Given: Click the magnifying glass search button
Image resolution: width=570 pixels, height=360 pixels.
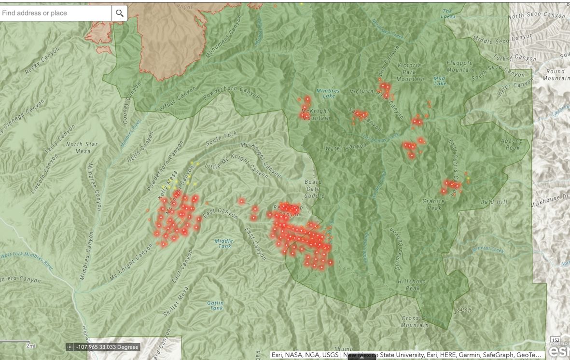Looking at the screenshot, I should tap(119, 13).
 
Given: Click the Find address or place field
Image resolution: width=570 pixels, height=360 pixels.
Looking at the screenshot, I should tap(56, 13).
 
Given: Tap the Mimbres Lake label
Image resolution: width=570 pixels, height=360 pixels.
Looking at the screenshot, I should tap(328, 93).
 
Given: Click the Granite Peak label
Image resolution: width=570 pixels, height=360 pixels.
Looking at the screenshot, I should tap(432, 205).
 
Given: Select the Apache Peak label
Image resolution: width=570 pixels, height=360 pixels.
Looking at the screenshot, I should tap(511, 144).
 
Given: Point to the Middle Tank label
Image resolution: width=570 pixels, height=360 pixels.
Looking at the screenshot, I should tap(223, 243).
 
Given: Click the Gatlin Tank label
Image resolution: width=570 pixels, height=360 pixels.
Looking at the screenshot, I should tap(215, 305).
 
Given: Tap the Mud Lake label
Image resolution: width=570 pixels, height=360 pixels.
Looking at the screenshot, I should tap(440, 81).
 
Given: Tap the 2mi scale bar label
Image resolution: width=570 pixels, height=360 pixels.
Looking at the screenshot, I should tap(31, 346).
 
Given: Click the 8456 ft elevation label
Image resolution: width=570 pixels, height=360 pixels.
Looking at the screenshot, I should tap(464, 309).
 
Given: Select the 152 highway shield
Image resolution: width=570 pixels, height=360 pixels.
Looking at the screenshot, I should tap(555, 340).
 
